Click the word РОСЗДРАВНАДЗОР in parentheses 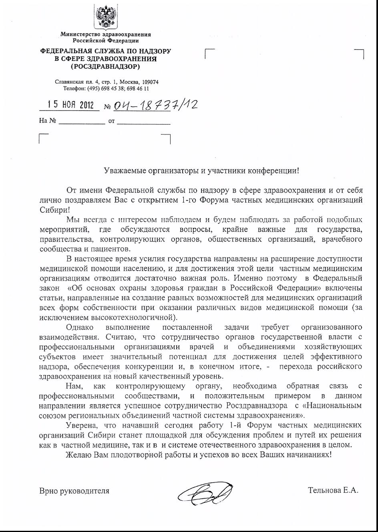106,66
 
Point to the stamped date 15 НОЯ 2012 70,105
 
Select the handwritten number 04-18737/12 156,105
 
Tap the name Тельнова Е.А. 333,490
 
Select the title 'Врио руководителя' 74,490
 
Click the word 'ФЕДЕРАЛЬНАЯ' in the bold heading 62,52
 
